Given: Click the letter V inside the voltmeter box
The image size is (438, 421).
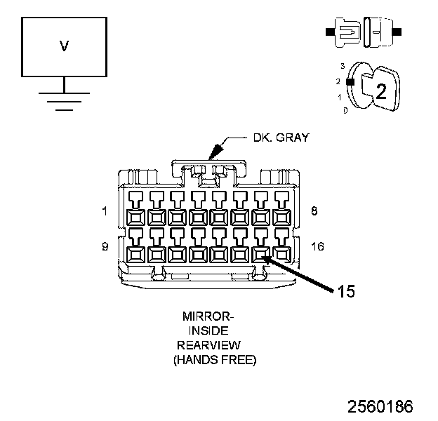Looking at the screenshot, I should coord(64,46).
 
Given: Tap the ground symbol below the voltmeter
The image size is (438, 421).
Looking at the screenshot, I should coord(64,102).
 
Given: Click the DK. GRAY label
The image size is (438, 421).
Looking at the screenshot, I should coord(281,138).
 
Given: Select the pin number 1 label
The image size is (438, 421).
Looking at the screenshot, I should coord(105,210).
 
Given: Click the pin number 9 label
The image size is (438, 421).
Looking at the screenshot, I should coord(105,246).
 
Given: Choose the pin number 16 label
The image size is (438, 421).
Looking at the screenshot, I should coord(318,246).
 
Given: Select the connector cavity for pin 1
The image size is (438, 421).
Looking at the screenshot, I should coord(135,217).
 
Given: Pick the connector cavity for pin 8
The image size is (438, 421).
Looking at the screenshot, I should coord(281,217).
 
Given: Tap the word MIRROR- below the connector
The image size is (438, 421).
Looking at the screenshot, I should coord(209,316).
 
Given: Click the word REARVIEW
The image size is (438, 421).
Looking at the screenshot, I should coord(209,345).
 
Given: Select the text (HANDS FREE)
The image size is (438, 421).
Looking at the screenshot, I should coord(214,360).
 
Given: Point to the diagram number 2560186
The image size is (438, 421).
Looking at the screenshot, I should coord(380,406).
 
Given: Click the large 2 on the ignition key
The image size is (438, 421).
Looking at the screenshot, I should coord(380,91).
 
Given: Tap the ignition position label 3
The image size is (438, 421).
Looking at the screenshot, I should coord(342,65).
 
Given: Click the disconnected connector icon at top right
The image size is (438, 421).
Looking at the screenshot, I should coord(363,32).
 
